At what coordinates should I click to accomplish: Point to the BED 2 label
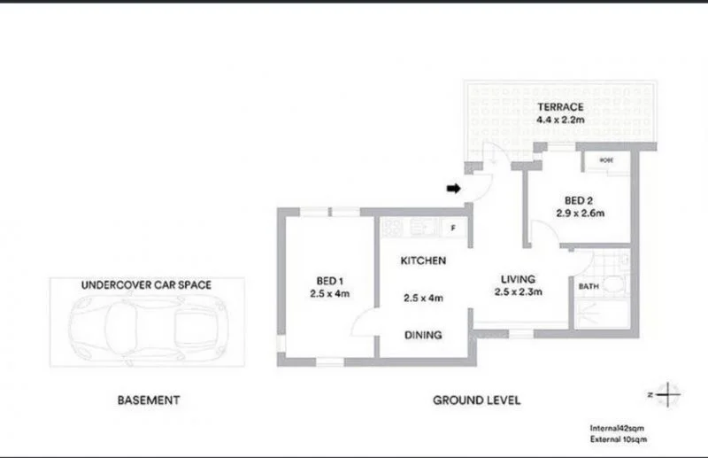point(580,200)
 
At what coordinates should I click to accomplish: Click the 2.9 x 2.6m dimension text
point(580,213)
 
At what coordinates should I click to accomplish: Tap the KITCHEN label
point(422,261)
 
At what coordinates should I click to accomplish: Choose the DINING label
point(422,335)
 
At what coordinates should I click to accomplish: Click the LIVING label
point(518,278)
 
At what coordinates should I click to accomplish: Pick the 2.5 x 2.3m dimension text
point(518,291)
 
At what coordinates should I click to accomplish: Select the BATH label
point(589,287)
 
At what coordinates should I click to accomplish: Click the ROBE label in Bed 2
point(606,160)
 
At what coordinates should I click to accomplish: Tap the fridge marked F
point(453,229)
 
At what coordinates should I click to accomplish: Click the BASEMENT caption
point(149,400)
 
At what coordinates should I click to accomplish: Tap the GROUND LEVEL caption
point(476,400)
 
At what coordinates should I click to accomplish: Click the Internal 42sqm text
point(624,429)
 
